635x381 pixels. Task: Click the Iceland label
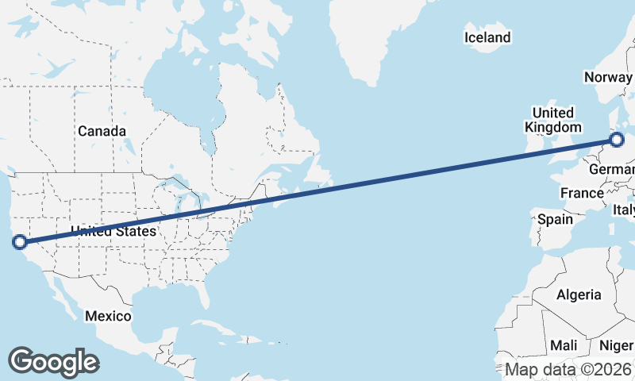(487, 37)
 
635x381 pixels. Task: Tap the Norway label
(608, 77)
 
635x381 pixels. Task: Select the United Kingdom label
(553, 120)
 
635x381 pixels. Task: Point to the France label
(582, 193)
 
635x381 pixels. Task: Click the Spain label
(555, 219)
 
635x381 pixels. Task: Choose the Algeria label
(579, 294)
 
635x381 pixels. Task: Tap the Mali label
(564, 345)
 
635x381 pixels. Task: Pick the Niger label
(616, 345)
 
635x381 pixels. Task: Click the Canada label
(102, 130)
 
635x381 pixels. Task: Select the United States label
(114, 232)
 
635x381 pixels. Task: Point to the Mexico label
(108, 316)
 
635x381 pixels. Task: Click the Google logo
(53, 361)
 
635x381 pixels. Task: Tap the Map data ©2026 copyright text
(569, 369)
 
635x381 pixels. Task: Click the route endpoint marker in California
(20, 242)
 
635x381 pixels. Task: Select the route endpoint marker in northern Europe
(618, 140)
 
